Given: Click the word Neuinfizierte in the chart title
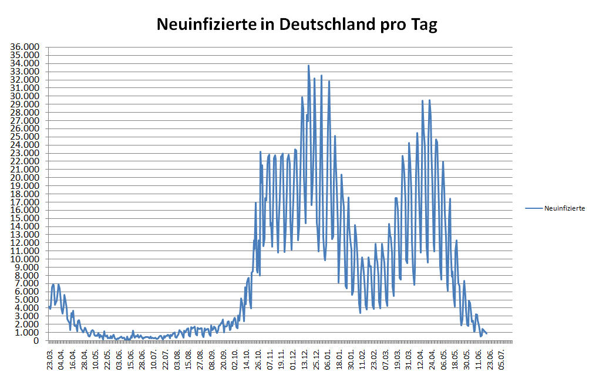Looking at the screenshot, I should pos(206,25).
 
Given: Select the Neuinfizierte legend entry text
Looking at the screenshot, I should pos(564,208).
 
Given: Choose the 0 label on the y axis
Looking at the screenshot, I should pos(37,341).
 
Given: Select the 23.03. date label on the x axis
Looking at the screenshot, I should pos(50,358).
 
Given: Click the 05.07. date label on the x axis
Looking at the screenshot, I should pos(501,358).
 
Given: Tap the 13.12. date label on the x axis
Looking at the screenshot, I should pos(305,358).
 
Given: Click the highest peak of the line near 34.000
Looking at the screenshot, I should pos(308,66).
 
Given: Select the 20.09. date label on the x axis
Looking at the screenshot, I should pos(224,358).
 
